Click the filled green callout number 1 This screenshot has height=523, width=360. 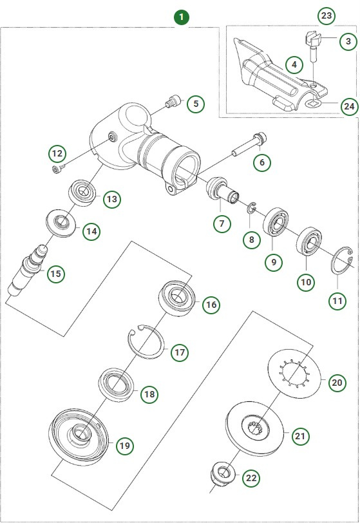coord(182,17)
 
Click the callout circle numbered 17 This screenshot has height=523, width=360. coord(180,352)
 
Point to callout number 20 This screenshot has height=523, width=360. coord(337,382)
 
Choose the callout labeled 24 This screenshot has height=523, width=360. coord(348,106)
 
